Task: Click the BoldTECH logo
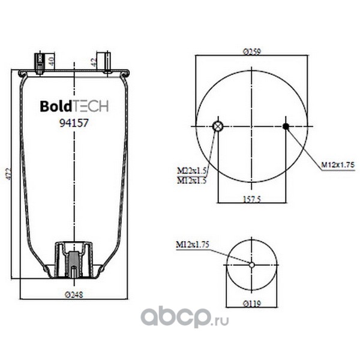pyautogui.click(x=74, y=106)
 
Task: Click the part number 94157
pyautogui.click(x=74, y=123)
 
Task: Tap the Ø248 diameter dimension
pyautogui.click(x=74, y=295)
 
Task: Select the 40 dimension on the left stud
pyautogui.click(x=52, y=62)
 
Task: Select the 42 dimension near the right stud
pyautogui.click(x=93, y=62)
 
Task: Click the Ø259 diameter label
pyautogui.click(x=252, y=52)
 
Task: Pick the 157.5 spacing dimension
pyautogui.click(x=252, y=199)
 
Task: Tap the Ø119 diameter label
pyautogui.click(x=252, y=304)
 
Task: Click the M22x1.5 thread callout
pyautogui.click(x=192, y=170)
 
